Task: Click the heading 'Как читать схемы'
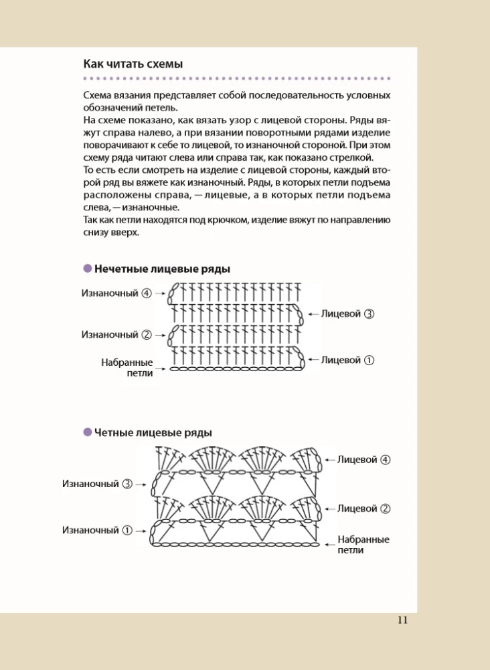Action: pos(133,64)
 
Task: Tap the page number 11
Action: pos(402,620)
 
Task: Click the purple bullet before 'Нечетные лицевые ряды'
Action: pos(87,269)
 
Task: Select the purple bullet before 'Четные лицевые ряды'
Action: pos(87,432)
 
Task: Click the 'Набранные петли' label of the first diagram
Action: pos(127,367)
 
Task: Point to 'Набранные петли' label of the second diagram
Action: pos(363,544)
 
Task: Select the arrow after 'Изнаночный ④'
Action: pos(160,293)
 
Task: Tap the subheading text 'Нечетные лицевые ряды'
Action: pos(162,269)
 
